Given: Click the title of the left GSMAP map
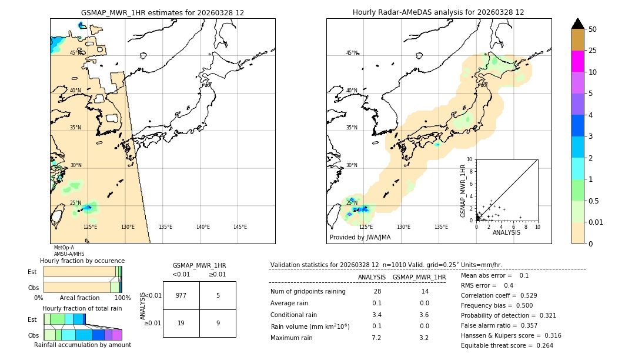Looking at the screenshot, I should tap(162, 12).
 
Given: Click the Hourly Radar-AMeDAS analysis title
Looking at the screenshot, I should tap(438, 12).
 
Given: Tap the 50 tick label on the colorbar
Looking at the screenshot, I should tap(593, 29).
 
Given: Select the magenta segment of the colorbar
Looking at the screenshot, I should tap(577, 61).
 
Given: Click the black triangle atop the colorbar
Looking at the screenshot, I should tap(577, 24).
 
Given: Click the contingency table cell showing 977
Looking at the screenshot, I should tap(181, 295).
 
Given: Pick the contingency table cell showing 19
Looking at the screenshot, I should tap(181, 323).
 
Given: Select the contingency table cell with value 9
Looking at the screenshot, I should tap(218, 323).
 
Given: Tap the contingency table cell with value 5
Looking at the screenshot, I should tap(218, 295).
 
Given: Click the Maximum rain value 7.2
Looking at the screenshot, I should tap(376, 338).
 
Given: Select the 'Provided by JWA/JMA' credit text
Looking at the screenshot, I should tap(360, 238).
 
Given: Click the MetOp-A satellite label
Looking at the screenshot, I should tap(64, 248).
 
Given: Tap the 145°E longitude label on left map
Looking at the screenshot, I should tap(240, 227).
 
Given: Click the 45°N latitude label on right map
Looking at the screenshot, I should tap(352, 53).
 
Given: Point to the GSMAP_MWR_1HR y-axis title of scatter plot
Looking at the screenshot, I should tap(463, 191).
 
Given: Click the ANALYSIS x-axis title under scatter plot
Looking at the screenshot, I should tap(506, 232).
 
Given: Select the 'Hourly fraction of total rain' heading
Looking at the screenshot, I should tap(82, 308).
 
